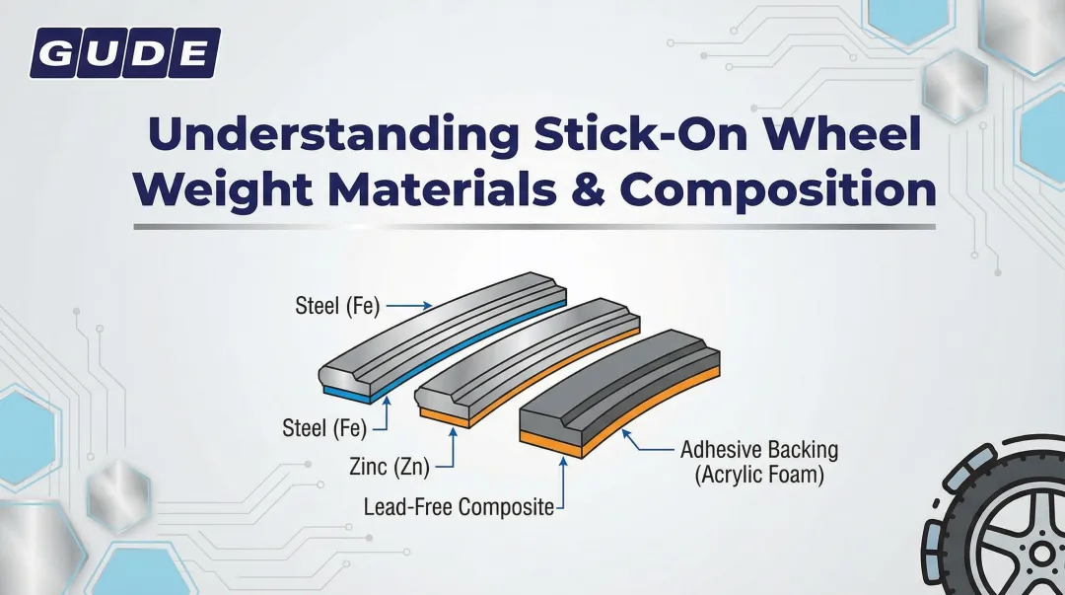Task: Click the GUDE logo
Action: tap(125, 52)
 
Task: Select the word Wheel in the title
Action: tap(850, 136)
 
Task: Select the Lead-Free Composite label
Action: tap(459, 507)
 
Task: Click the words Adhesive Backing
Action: tap(759, 450)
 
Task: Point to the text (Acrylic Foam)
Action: tap(759, 475)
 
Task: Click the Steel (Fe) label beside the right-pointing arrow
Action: tap(337, 306)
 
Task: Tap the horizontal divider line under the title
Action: tap(532, 227)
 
